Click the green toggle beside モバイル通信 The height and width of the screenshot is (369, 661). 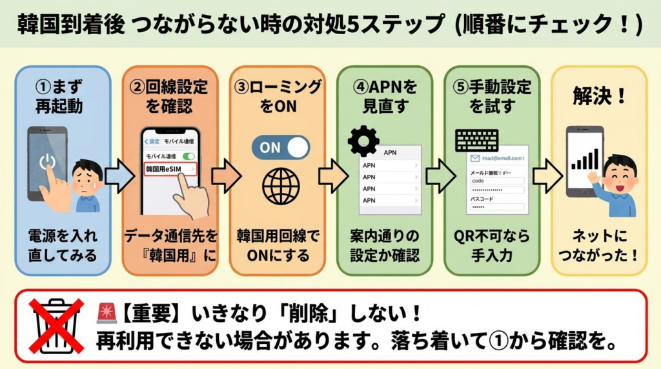pos(189,156)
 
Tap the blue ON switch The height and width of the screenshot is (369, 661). pos(281,147)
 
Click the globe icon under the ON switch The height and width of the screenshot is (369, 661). pos(281,186)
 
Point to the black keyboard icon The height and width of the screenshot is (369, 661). pos(476,140)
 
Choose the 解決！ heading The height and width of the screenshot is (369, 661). pos(599,96)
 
